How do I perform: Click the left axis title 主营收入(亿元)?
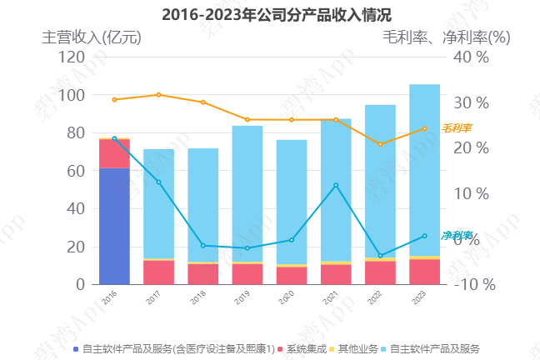92,37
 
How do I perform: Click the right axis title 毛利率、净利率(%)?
446,37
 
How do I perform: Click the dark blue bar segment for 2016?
114,226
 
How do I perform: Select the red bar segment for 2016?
114,153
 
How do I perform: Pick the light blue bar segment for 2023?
424,170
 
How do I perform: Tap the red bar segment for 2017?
158,272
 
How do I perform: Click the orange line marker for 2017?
158,95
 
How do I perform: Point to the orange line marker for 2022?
380,144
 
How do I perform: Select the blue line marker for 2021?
336,185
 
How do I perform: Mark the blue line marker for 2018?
202,246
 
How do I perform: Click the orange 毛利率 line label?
457,128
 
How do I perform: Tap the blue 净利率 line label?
457,235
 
